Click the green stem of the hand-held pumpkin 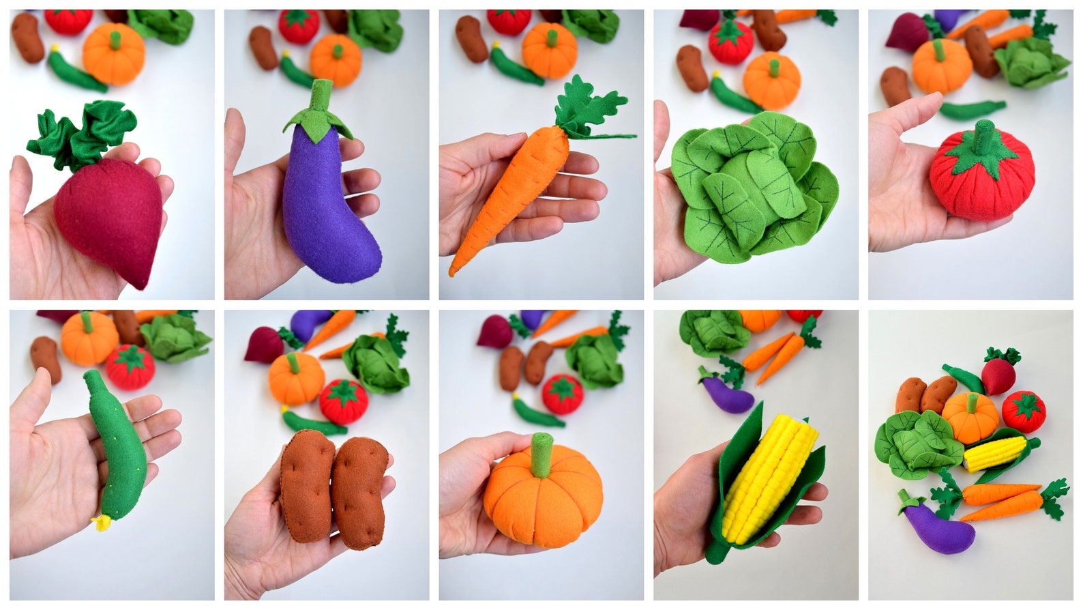tap(541, 454)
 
